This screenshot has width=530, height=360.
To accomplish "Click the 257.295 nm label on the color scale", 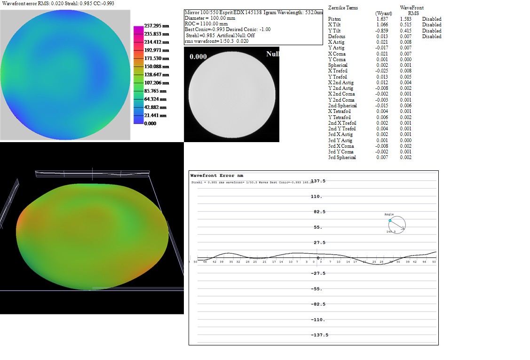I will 156,26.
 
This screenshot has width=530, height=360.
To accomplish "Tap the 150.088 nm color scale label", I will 156,66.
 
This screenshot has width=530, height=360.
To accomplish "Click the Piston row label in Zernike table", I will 334,19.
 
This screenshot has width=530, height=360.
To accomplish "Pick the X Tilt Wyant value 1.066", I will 382,24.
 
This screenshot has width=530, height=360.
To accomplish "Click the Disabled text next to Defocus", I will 431,36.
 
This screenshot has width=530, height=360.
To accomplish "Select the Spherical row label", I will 338,65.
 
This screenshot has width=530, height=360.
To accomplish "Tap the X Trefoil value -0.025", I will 381,71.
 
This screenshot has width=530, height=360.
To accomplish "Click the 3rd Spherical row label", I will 342,157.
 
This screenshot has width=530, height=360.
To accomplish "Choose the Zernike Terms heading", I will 342,8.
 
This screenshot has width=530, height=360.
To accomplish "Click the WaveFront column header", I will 411,8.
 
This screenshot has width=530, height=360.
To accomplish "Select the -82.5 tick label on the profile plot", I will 318,304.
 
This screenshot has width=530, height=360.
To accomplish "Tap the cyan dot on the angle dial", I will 390,220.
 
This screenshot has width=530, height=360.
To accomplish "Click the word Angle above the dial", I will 389,215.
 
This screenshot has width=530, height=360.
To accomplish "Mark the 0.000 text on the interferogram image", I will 198,56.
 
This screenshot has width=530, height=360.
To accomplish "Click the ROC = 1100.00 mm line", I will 206,24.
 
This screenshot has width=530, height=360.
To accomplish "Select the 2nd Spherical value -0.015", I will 381,105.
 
